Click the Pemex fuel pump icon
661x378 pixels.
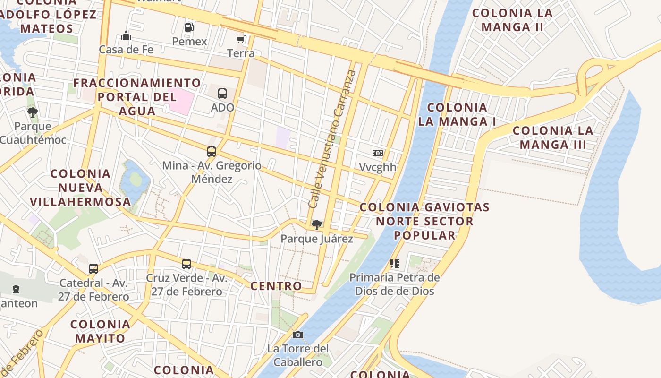pyautogui.click(x=189, y=27)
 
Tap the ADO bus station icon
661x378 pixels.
pyautogui.click(x=222, y=94)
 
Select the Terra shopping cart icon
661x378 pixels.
pyautogui.click(x=241, y=39)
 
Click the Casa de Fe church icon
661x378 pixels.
pyautogui.click(x=126, y=35)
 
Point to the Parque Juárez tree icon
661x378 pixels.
pyautogui.click(x=317, y=224)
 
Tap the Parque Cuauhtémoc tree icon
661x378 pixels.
pyautogui.click(x=33, y=112)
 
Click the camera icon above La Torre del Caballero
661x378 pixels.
pyautogui.click(x=297, y=335)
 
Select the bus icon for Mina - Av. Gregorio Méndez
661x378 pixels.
pyautogui.click(x=212, y=152)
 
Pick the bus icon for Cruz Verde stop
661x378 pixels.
pyautogui.click(x=186, y=264)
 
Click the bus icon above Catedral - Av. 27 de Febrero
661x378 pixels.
pyautogui.click(x=93, y=269)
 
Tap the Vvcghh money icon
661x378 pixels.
pyautogui.click(x=377, y=153)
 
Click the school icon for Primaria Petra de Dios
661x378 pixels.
pyautogui.click(x=395, y=263)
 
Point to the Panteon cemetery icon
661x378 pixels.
pyautogui.click(x=17, y=289)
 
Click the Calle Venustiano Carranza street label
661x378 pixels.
pyautogui.click(x=332, y=138)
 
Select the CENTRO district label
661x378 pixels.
pyautogui.click(x=276, y=286)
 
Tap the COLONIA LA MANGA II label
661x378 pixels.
pyautogui.click(x=512, y=20)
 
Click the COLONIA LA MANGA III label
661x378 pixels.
pyautogui.click(x=553, y=137)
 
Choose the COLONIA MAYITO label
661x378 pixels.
pyautogui.click(x=101, y=331)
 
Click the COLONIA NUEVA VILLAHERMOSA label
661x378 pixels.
pyautogui.click(x=80, y=188)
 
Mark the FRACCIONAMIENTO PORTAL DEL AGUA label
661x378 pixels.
pyautogui.click(x=137, y=97)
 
